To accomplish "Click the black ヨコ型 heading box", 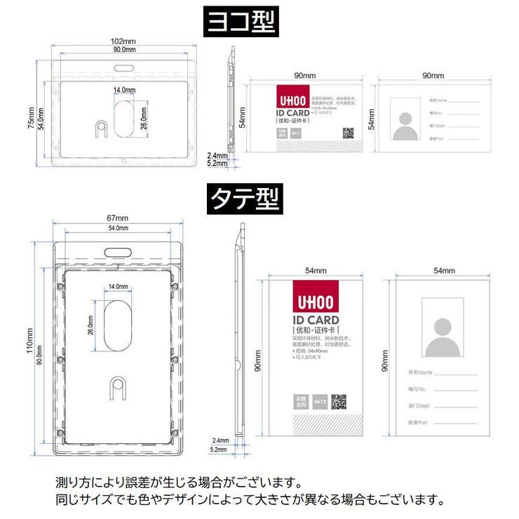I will (x=240, y=22).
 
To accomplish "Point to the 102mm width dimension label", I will (x=124, y=41).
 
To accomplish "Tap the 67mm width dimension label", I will (x=117, y=218).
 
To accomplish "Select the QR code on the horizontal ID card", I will (x=348, y=133).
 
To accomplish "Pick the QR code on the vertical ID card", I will (x=339, y=401).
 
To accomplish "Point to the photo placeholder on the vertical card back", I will (x=443, y=328).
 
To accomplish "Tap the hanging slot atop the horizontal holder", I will (x=124, y=67).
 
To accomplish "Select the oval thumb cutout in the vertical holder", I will (x=117, y=326).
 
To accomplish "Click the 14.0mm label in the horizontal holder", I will (x=124, y=90).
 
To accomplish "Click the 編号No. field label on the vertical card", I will (x=419, y=388).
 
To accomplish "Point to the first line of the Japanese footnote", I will (x=180, y=483).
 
